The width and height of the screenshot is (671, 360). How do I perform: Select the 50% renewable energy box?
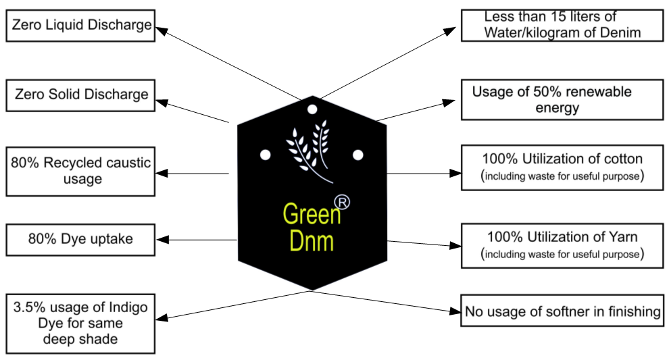pos(562,99)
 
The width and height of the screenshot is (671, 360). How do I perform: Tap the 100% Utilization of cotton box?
pos(562,166)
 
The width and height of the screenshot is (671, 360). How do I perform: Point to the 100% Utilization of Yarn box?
pos(562,245)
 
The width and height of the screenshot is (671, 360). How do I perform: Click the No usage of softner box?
pos(562,311)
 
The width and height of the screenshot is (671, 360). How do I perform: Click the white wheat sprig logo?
pos(309,149)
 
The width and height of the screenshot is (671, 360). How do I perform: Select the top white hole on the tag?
pos(312,108)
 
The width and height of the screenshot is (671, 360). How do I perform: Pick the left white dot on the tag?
pos(266,155)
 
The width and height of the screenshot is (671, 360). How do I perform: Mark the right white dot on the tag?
pos(358,155)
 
